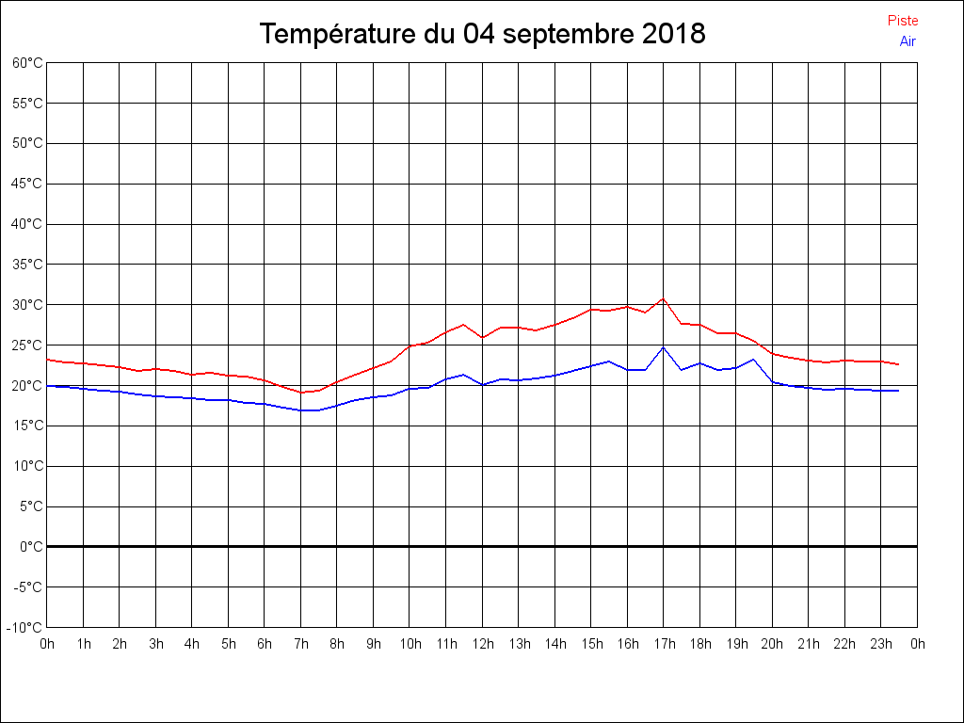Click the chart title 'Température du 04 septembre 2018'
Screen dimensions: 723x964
pyautogui.click(x=482, y=34)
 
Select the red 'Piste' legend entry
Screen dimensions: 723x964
pyautogui.click(x=903, y=21)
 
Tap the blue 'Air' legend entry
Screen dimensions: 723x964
pyautogui.click(x=908, y=41)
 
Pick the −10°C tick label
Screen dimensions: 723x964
pyautogui.click(x=25, y=628)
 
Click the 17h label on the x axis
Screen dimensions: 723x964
pyautogui.click(x=664, y=644)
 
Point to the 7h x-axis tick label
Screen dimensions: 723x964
pyautogui.click(x=301, y=644)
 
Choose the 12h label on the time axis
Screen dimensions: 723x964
pyautogui.click(x=482, y=644)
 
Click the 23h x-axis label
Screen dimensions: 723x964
pyautogui.click(x=881, y=644)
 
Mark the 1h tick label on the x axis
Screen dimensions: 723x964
pyautogui.click(x=84, y=644)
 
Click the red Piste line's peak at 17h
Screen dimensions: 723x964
pyautogui.click(x=664, y=298)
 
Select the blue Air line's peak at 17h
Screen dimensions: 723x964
pyautogui.click(x=664, y=347)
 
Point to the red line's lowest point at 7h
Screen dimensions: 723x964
pyautogui.click(x=301, y=393)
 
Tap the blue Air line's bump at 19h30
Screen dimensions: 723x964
pyautogui.click(x=754, y=359)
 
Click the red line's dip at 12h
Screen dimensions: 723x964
pyautogui.click(x=482, y=337)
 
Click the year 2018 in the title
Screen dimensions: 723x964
pyautogui.click(x=674, y=34)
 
